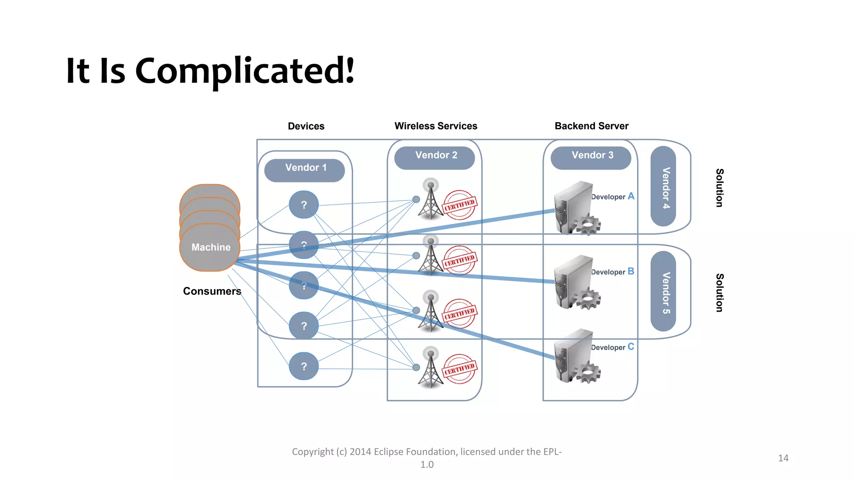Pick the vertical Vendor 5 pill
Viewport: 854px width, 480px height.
[664, 292]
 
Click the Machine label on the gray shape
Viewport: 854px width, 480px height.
[211, 247]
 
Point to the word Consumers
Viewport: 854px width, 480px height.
[212, 291]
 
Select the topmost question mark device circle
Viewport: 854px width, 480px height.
[304, 205]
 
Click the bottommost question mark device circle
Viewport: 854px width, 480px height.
[304, 366]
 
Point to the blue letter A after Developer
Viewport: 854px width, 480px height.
[631, 196]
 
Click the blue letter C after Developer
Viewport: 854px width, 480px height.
[631, 347]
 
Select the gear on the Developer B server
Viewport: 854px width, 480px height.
[588, 298]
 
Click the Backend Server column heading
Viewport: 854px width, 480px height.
[591, 126]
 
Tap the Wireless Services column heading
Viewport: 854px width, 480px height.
[436, 126]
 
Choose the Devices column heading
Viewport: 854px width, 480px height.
[306, 126]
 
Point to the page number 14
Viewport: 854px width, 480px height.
[783, 458]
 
